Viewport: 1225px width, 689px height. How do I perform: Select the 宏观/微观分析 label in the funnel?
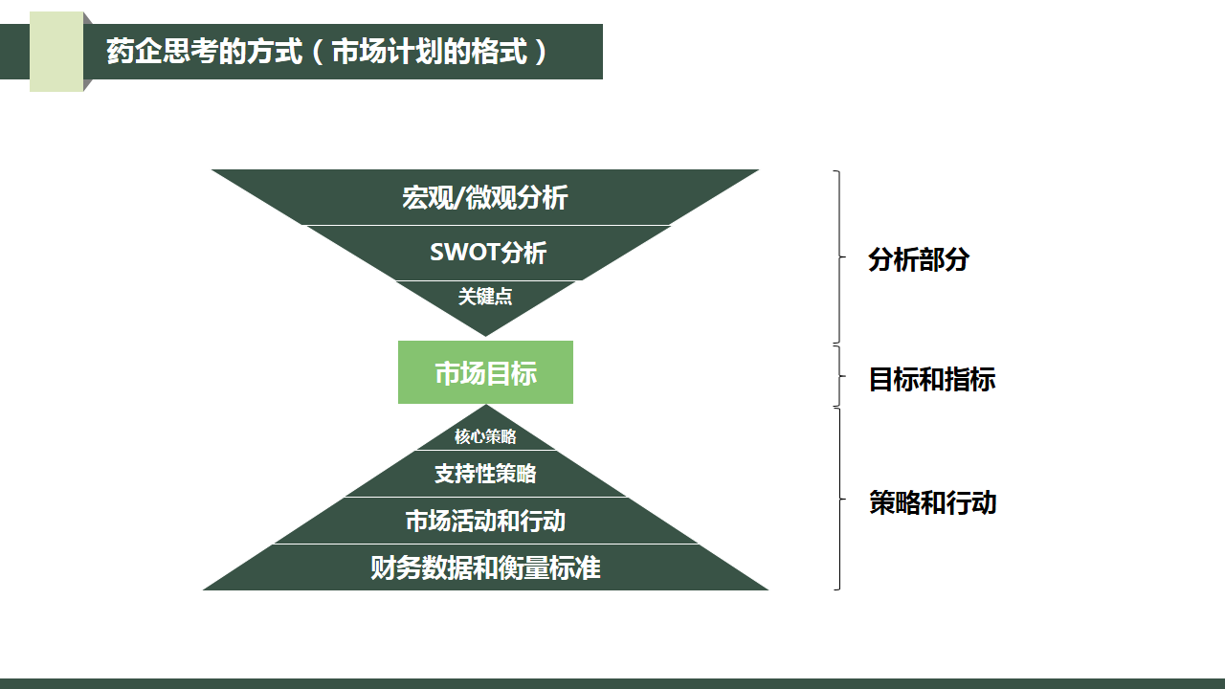coord(484,198)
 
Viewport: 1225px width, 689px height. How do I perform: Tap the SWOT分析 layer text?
coord(488,253)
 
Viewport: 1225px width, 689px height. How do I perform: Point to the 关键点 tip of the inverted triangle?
coord(485,297)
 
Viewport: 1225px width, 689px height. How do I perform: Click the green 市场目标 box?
coord(485,372)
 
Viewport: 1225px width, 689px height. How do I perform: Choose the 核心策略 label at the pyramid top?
coord(485,436)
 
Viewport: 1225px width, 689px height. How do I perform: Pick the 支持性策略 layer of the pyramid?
coord(485,473)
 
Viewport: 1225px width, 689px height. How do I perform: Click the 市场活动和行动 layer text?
coord(485,521)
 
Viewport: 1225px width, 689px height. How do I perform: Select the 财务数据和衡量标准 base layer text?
coord(485,567)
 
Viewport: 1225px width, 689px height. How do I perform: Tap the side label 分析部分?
coord(919,259)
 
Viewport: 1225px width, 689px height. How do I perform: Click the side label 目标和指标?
coord(931,379)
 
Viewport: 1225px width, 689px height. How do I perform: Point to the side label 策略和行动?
coord(932,502)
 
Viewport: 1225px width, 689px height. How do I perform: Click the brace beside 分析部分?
coord(839,256)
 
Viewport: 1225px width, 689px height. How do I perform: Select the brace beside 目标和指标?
coord(839,376)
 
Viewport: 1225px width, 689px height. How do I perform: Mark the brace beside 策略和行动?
coord(839,499)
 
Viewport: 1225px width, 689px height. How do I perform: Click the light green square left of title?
coord(56,52)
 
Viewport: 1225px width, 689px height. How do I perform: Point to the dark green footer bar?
coord(612,683)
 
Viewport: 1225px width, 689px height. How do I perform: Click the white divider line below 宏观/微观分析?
coord(486,225)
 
